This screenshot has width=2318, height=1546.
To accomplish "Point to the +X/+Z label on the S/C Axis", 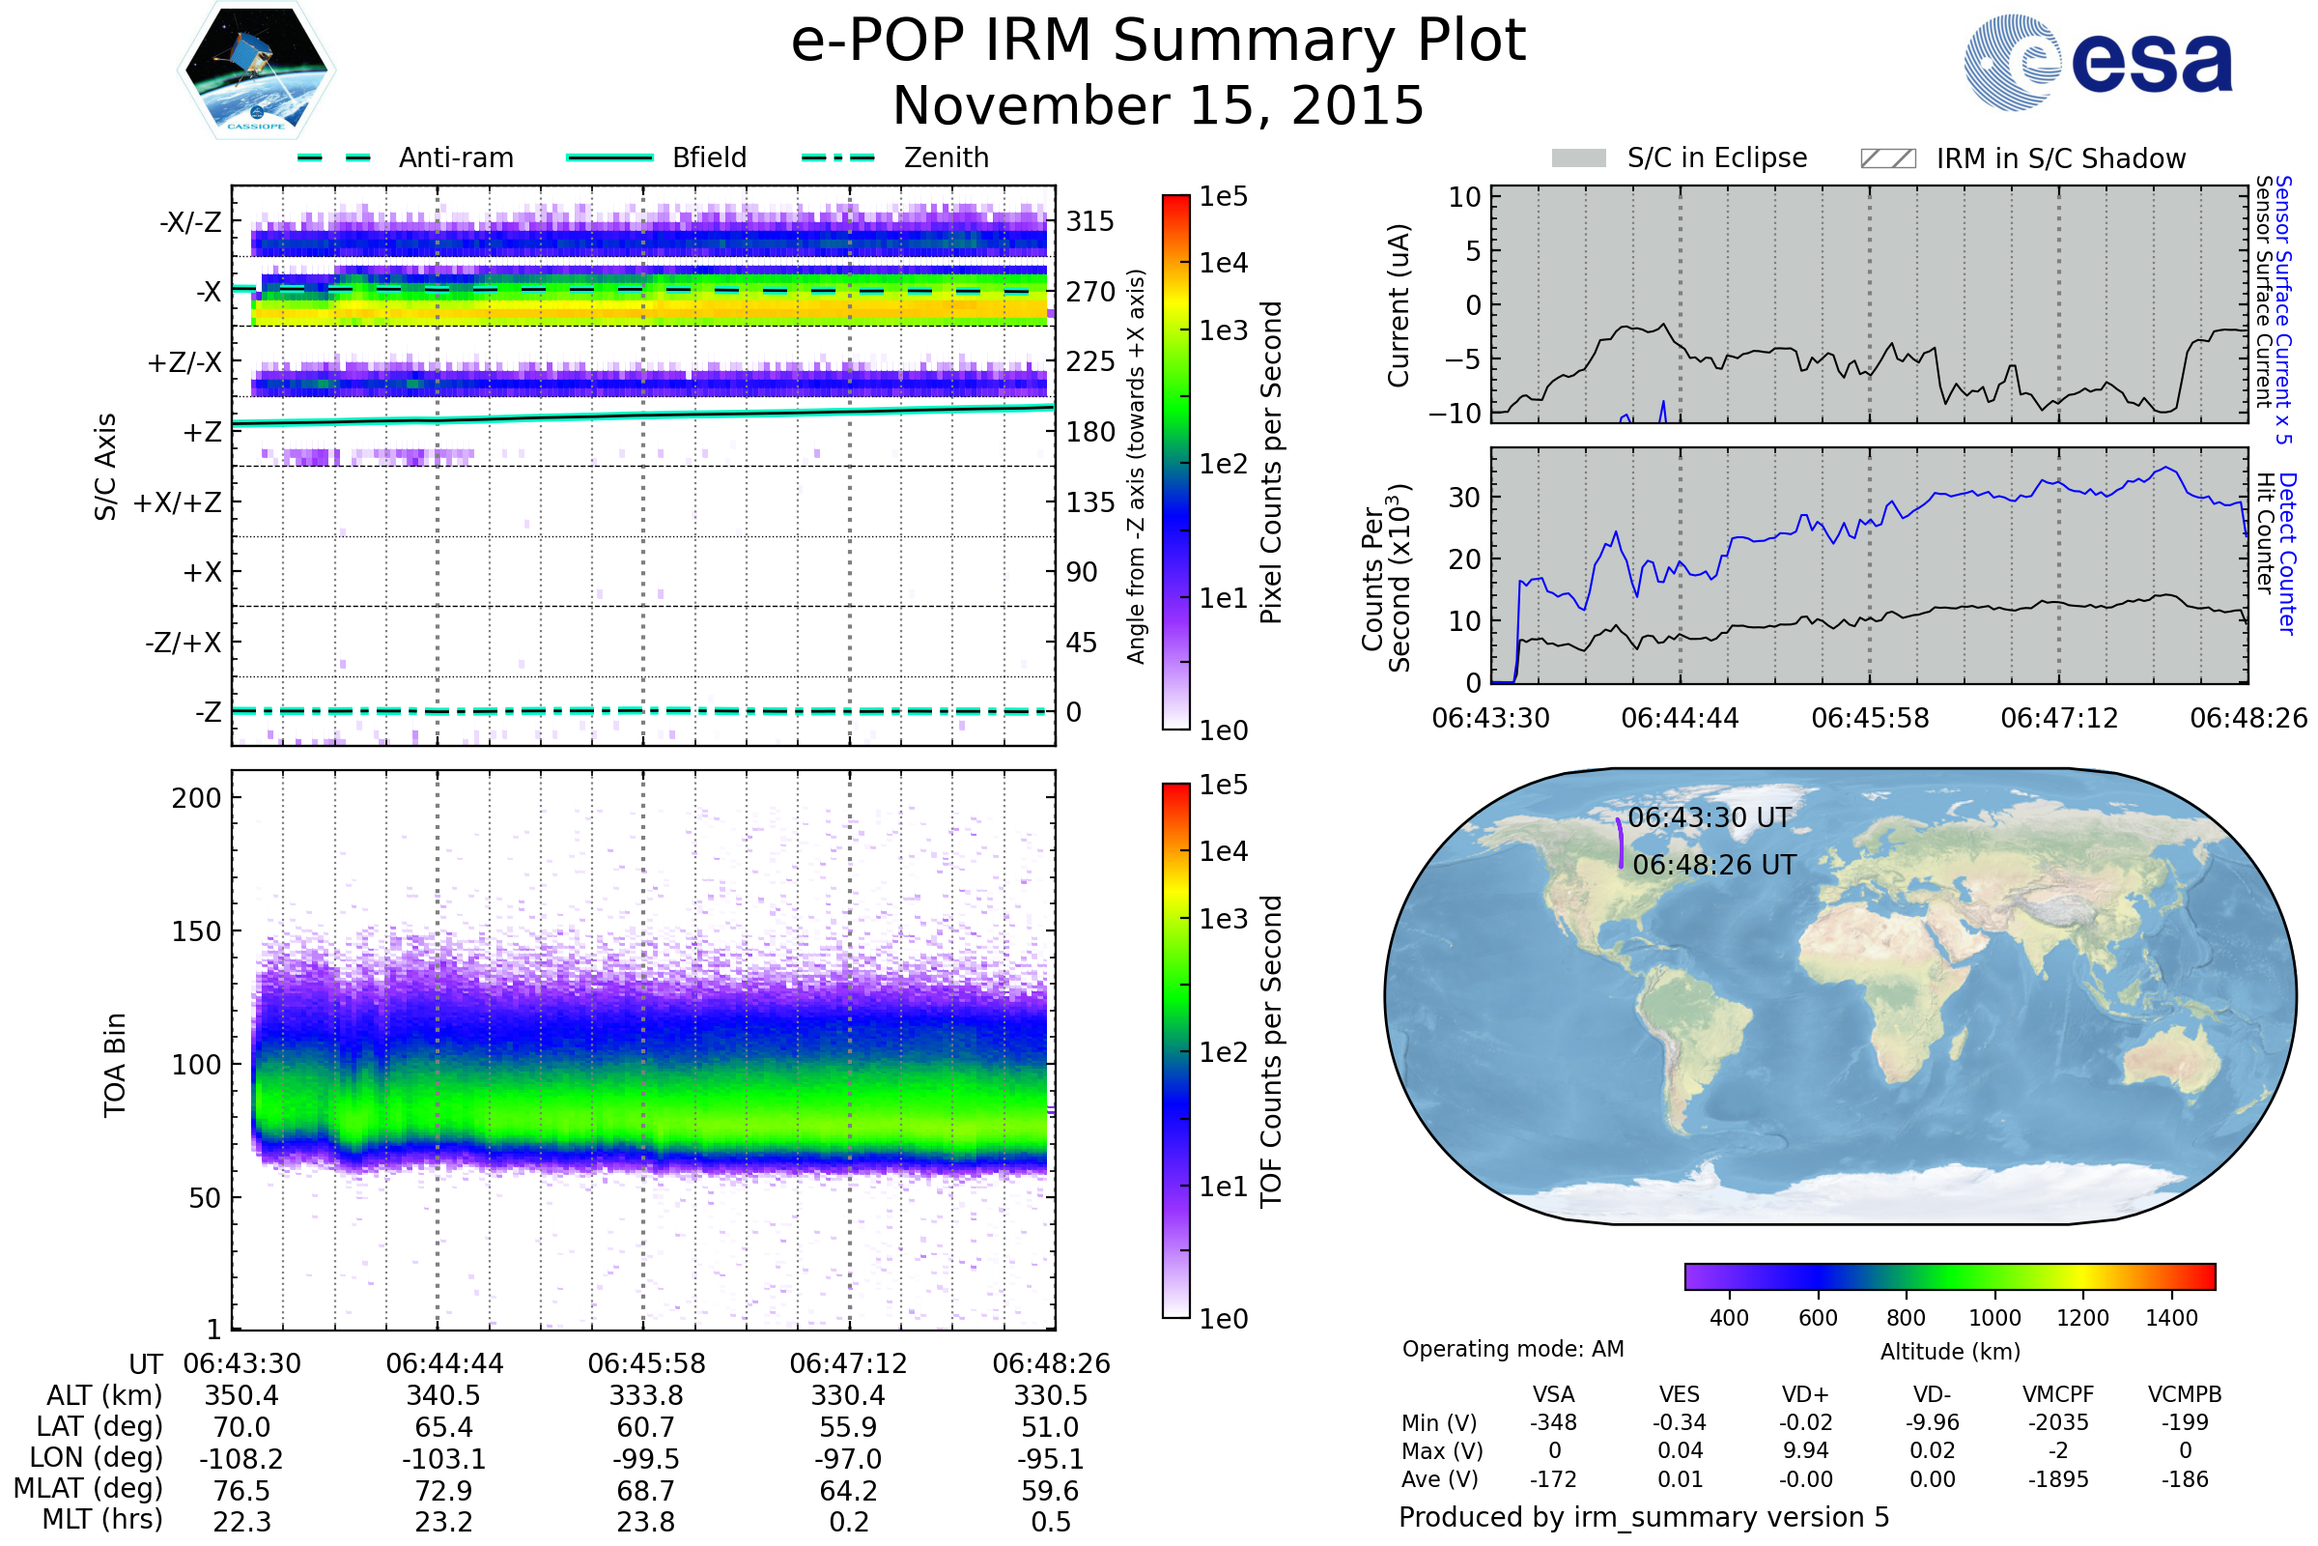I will click(178, 502).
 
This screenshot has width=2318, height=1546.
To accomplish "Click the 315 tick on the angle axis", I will click(1090, 221).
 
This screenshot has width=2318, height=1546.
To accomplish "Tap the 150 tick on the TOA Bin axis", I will click(196, 931).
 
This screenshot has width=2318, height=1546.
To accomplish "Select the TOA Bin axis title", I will click(114, 1064).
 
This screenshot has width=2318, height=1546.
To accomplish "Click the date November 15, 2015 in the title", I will click(1158, 105).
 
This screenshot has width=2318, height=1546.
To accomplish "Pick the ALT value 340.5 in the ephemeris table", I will click(443, 1395).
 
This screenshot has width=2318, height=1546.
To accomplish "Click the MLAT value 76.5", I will click(241, 1490).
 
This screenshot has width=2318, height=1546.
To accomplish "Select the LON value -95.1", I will click(1051, 1458).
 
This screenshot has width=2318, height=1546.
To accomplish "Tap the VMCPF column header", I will click(2058, 1394).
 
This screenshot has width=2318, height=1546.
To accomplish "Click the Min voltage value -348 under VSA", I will click(1553, 1421).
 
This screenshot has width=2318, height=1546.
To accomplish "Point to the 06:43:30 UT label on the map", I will click(1710, 817).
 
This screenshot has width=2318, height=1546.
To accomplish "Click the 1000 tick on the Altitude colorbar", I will click(1994, 1318).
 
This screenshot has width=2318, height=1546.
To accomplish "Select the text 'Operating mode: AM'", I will click(1512, 1349).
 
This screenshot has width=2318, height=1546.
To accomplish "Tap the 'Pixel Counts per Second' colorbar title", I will click(1271, 463).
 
